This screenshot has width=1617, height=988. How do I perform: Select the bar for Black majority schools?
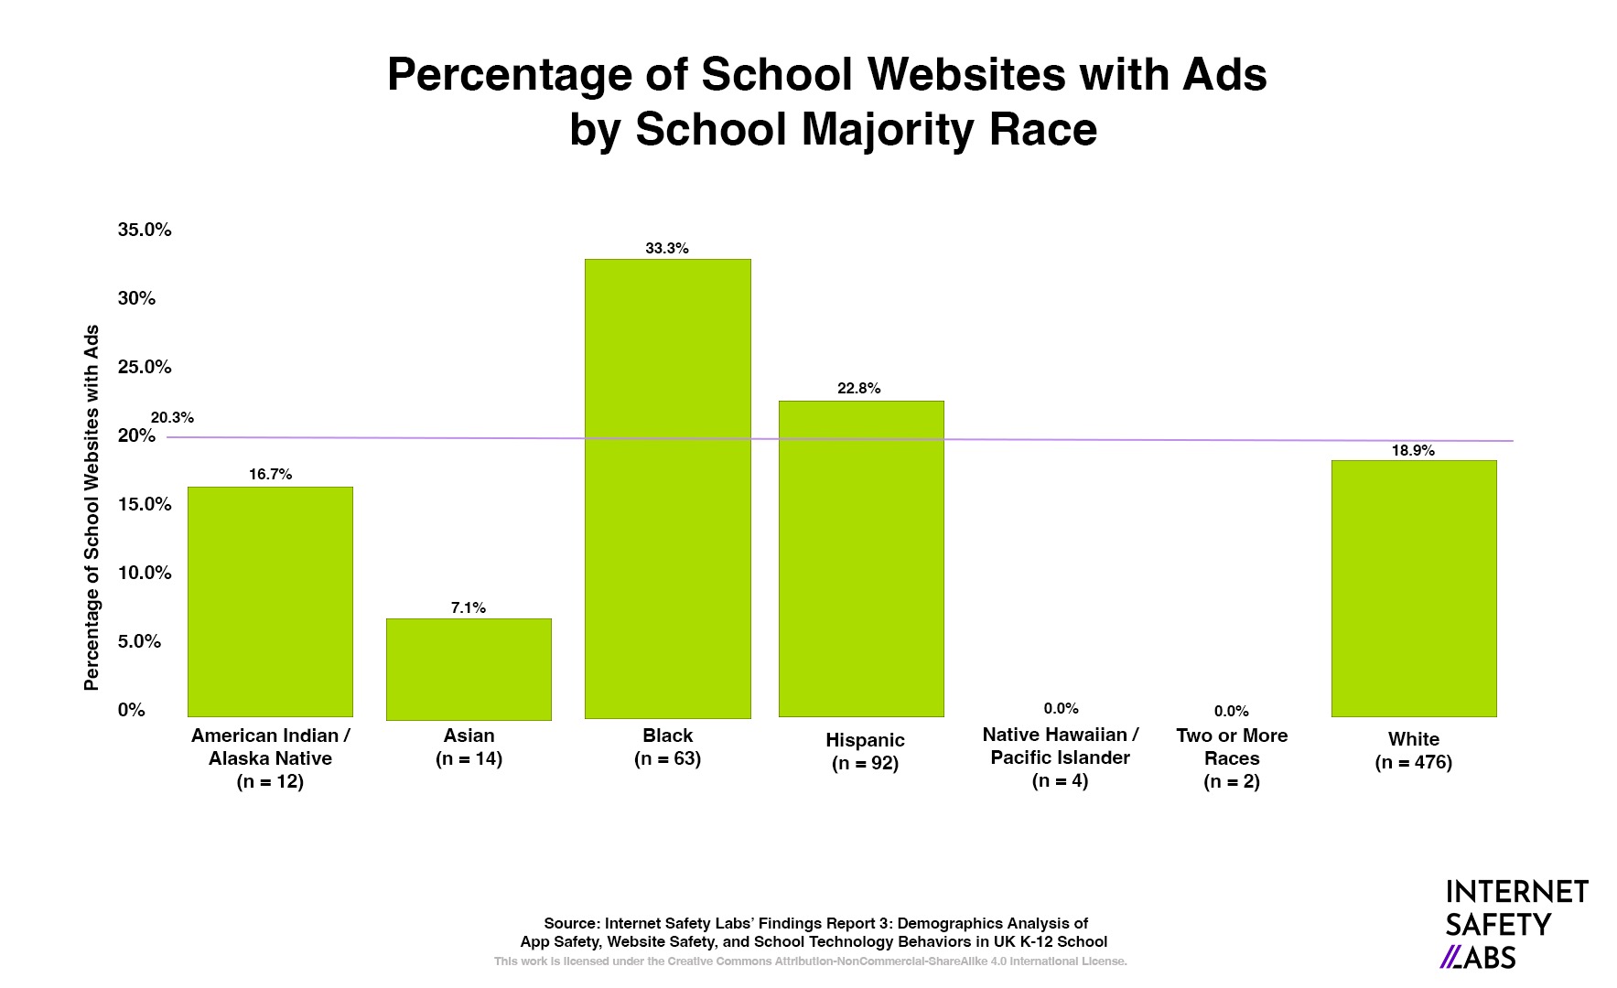tap(667, 489)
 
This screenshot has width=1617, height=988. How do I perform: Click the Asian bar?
tap(469, 669)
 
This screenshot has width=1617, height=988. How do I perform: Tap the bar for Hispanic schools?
tap(860, 558)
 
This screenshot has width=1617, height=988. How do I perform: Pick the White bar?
tap(1413, 588)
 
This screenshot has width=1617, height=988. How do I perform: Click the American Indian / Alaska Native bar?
tap(270, 601)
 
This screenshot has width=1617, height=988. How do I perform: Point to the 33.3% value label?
tap(667, 249)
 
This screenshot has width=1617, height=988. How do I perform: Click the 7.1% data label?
tap(469, 608)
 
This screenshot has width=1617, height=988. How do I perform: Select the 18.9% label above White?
tap(1413, 451)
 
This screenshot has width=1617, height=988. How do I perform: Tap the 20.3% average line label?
tap(172, 418)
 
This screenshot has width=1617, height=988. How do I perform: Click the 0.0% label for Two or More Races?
tap(1231, 712)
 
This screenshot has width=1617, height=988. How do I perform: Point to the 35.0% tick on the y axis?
tap(145, 230)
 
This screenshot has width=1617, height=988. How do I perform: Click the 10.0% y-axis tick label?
tap(145, 573)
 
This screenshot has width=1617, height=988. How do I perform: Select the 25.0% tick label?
tap(145, 367)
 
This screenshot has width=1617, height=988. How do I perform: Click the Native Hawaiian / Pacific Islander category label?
tap(1060, 757)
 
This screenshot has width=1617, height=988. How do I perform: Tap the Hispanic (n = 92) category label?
tap(865, 751)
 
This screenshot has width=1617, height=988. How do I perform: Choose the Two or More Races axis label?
tap(1232, 758)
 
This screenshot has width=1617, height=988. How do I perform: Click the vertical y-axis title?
tap(92, 508)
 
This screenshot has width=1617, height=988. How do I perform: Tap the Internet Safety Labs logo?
tap(1515, 924)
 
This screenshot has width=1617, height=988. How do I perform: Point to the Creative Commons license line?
tap(810, 961)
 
